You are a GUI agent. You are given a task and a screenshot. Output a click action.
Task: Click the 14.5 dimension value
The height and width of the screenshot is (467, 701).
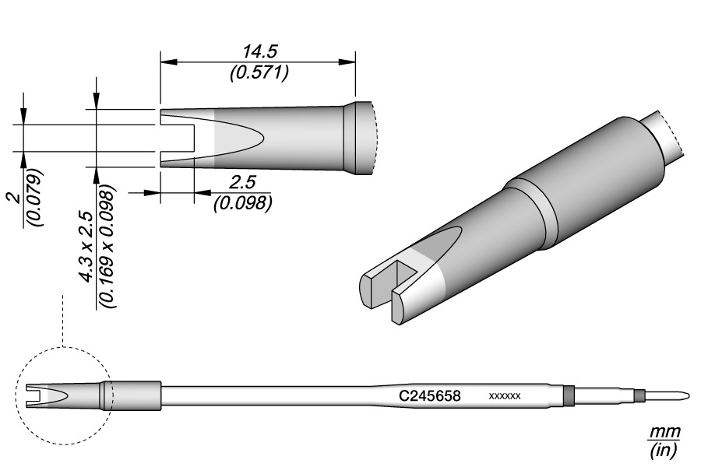[x=259, y=52]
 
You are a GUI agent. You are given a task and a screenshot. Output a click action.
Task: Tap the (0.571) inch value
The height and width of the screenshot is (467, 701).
[x=260, y=73]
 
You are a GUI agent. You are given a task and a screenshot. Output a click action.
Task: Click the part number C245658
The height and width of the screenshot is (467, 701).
[x=430, y=396]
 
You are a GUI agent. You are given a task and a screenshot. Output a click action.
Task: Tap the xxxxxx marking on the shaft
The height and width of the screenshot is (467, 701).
[x=504, y=397]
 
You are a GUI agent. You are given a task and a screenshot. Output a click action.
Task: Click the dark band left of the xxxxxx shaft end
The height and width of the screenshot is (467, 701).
[x=569, y=395]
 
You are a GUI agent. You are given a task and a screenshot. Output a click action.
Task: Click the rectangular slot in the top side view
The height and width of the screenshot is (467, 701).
[x=176, y=137]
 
